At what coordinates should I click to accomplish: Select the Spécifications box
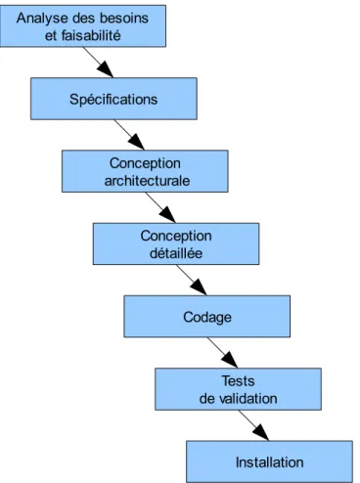(113, 99)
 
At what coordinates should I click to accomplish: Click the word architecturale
(147, 181)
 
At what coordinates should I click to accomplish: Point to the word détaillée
(176, 253)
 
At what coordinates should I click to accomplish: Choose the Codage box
(207, 316)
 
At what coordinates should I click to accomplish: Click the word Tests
(239, 381)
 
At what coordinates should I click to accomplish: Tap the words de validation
(239, 399)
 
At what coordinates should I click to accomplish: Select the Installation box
(269, 461)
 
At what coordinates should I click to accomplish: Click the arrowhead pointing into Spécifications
(106, 69)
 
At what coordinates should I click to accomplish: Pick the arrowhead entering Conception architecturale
(137, 143)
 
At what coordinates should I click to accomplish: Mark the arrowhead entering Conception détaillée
(168, 215)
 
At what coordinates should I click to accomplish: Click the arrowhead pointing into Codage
(199, 287)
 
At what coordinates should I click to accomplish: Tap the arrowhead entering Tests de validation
(230, 360)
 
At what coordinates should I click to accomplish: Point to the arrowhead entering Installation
(261, 433)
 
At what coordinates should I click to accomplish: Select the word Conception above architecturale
(145, 163)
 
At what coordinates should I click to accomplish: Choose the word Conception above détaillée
(176, 236)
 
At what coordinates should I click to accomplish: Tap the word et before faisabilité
(51, 35)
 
